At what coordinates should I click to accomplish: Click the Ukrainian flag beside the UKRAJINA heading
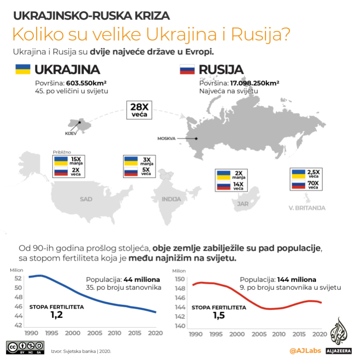coord(23,70)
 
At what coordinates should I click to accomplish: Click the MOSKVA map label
coord(166,139)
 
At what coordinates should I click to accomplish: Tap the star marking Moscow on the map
coord(196,138)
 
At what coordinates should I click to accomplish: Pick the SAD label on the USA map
coord(86,199)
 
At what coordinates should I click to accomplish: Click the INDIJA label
coord(171,199)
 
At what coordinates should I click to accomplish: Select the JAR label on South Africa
coord(242,204)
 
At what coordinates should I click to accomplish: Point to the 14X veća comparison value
coord(238,186)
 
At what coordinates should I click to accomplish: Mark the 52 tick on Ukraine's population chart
coord(19,278)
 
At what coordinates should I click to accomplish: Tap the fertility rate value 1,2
coord(57,316)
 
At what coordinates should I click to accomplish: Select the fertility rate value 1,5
coord(219,316)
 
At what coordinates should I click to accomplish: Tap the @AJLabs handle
coord(305,351)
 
